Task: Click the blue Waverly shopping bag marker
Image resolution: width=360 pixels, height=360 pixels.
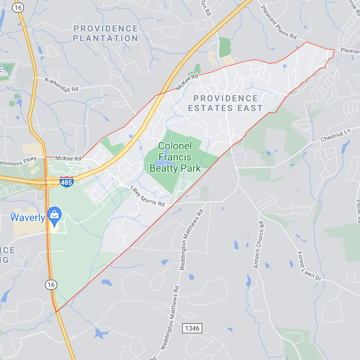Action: [x=53, y=214]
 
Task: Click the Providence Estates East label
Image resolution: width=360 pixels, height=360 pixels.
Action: [x=225, y=103]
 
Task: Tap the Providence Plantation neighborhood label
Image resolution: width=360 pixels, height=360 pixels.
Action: [x=106, y=33]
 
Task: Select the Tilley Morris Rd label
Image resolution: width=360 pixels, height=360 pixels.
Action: [x=147, y=196]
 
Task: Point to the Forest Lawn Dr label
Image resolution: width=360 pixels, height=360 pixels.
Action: [x=310, y=267]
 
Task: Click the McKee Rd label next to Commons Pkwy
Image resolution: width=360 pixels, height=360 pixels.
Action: [x=67, y=158]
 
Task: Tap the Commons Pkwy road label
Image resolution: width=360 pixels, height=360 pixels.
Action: [x=20, y=160]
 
